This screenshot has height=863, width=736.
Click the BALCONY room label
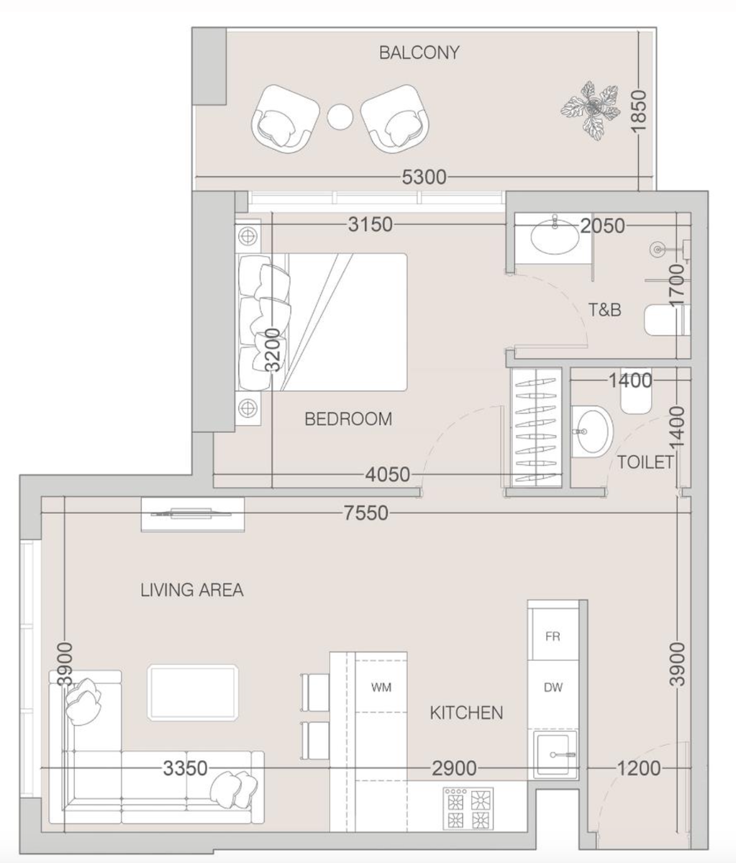[419, 52]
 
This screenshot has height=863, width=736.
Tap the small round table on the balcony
[340, 117]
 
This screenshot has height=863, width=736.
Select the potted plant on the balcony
[589, 110]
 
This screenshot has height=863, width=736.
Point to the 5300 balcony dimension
[424, 177]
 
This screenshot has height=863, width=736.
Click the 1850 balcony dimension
[639, 111]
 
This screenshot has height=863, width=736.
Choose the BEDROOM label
[348, 419]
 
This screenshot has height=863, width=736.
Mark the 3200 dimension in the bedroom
[272, 350]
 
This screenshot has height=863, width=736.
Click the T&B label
[605, 310]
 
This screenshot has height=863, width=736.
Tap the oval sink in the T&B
[555, 237]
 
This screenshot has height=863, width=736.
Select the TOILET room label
[645, 462]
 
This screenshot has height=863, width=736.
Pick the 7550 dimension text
[366, 513]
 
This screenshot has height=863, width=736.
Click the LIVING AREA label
[191, 590]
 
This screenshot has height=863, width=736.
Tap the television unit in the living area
[193, 514]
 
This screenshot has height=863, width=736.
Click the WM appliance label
[381, 688]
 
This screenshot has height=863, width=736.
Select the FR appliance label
[553, 636]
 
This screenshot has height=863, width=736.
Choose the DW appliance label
[553, 688]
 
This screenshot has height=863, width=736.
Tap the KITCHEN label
[466, 713]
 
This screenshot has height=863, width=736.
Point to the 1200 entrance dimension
[639, 768]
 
